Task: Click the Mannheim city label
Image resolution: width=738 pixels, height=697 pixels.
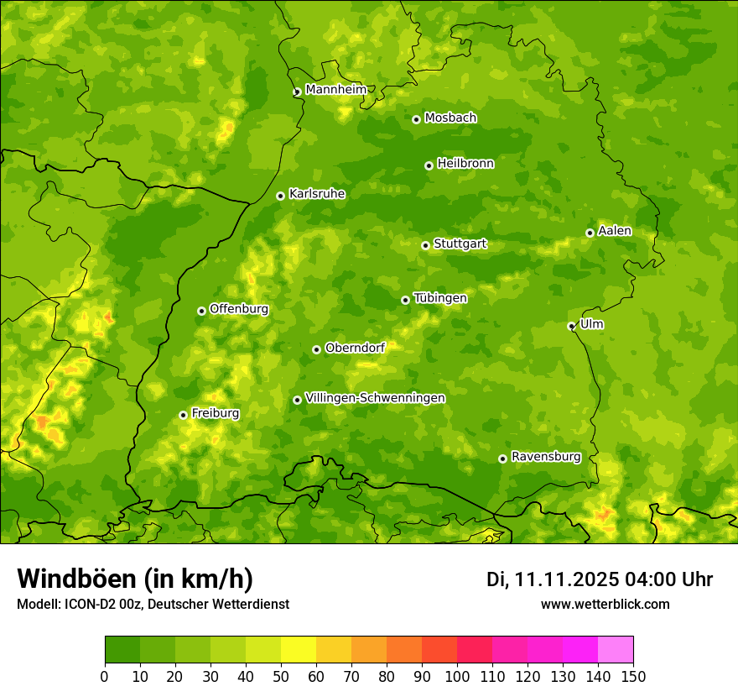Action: point(335,90)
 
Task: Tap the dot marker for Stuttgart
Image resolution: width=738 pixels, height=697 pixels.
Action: point(425,245)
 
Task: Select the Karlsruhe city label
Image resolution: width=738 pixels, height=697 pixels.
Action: point(317,194)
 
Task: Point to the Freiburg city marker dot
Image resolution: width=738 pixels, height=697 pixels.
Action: point(183,415)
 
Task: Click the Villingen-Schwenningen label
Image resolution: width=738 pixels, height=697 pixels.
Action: point(375,398)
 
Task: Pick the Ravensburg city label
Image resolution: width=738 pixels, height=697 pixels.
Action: point(546,457)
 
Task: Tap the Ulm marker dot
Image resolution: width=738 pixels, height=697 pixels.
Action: point(571,327)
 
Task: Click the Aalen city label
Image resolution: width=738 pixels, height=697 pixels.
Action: point(615,231)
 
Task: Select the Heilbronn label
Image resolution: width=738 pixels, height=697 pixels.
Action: point(465,164)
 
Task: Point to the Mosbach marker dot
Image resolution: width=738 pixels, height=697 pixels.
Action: point(416,119)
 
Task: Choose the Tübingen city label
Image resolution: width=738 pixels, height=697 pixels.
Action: point(440,298)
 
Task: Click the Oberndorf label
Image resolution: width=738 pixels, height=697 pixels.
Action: point(355,348)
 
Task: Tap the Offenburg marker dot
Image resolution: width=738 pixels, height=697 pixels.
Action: point(201,311)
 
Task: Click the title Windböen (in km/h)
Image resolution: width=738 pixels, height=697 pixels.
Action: point(135,579)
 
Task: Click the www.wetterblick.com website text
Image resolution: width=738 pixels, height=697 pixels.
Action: point(605,605)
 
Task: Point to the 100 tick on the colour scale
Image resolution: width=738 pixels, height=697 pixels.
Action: point(457,676)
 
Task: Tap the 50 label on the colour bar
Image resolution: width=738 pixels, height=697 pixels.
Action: point(281,676)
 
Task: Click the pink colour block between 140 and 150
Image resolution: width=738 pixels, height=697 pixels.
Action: point(616,650)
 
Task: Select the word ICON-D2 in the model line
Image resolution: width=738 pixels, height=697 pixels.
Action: point(88,605)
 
